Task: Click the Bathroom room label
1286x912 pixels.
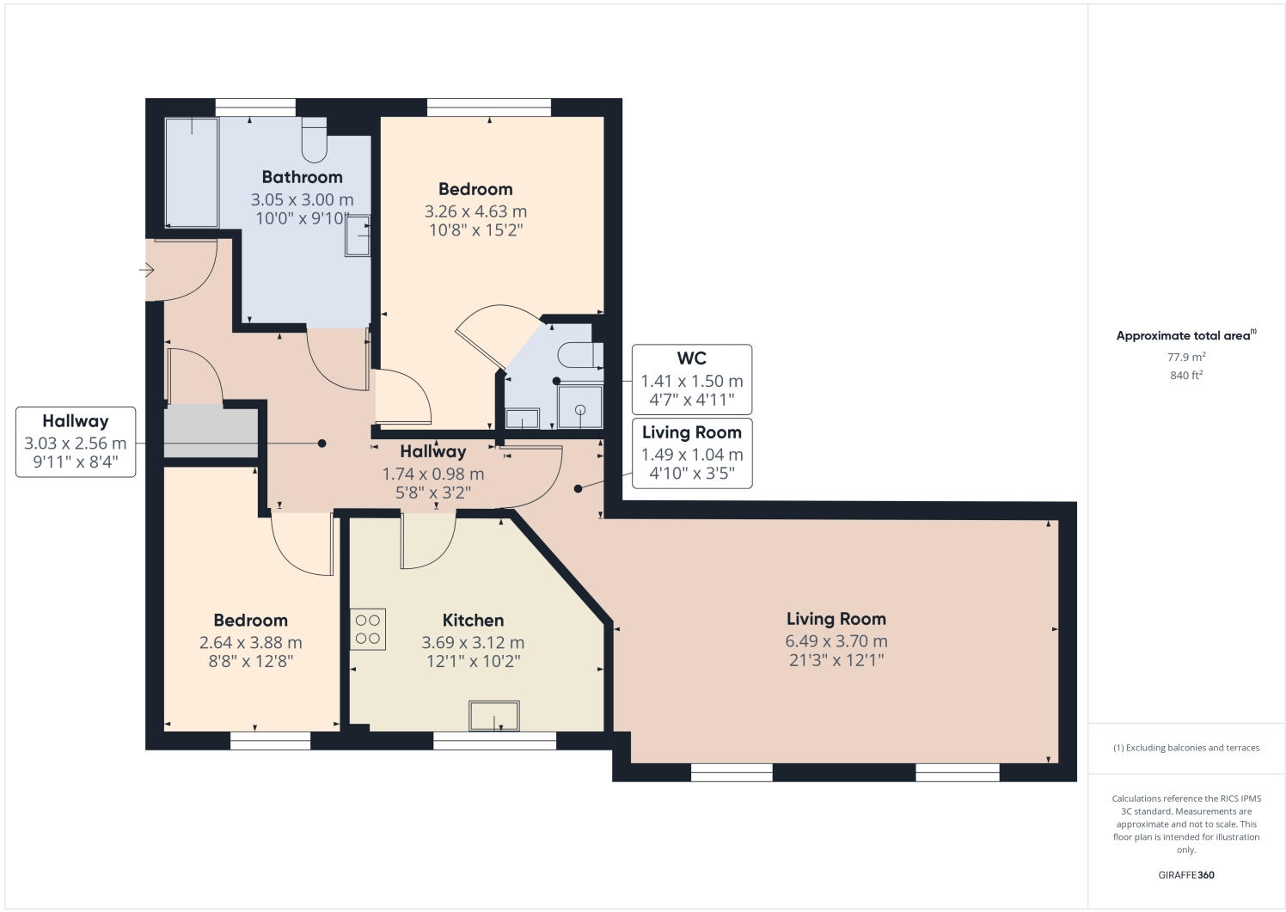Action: click(302, 177)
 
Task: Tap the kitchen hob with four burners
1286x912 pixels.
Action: click(368, 629)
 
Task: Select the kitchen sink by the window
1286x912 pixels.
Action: click(494, 716)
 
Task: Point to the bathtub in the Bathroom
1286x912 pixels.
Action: click(191, 172)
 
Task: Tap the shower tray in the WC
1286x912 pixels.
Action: click(580, 407)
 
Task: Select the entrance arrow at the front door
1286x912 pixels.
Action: click(146, 271)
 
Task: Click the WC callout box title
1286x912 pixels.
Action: click(691, 358)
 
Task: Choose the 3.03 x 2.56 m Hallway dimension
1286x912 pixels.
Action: click(76, 444)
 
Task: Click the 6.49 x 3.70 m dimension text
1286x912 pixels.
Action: click(836, 641)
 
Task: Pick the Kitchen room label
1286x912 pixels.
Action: click(473, 621)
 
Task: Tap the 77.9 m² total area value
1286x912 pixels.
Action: click(1185, 357)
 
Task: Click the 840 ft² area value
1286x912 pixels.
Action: click(1185, 376)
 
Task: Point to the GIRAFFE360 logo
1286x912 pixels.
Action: click(1185, 875)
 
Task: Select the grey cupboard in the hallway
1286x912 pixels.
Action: click(211, 433)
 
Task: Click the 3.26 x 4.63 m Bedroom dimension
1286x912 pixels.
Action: click(475, 211)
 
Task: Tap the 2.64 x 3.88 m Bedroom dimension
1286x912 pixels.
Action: click(250, 643)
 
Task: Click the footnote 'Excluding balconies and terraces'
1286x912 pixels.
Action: click(1186, 748)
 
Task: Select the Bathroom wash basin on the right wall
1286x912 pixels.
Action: click(358, 236)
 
